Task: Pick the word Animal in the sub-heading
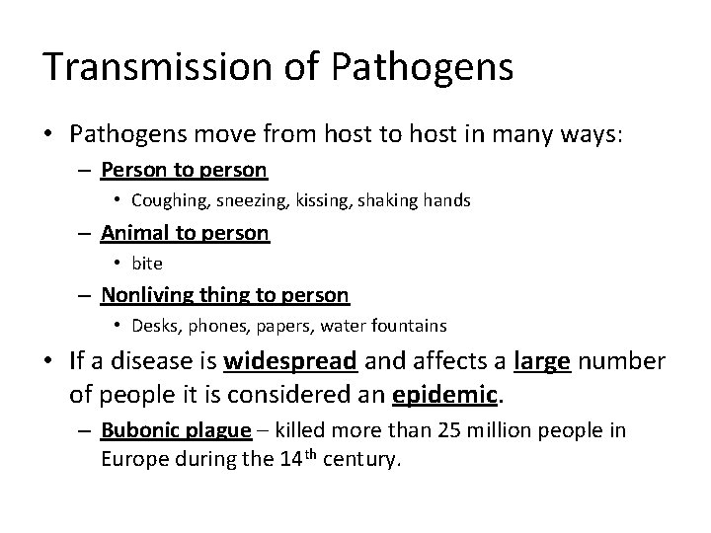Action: pyautogui.click(x=133, y=233)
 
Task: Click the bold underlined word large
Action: pyautogui.click(x=542, y=361)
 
